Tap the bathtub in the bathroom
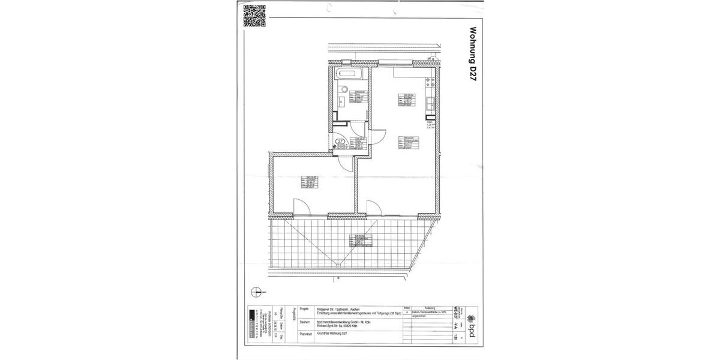(x=349, y=75)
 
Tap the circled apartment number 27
(x=339, y=142)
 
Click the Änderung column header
(x=431, y=307)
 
